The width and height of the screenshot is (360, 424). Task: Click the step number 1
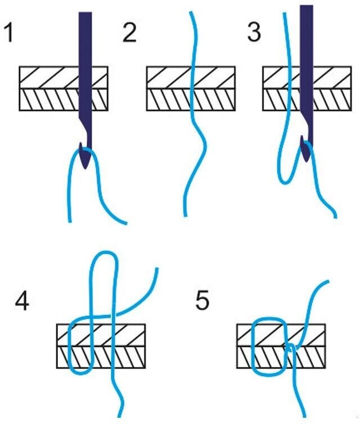pyautogui.click(x=10, y=33)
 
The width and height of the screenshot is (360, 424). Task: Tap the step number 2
pyautogui.click(x=129, y=33)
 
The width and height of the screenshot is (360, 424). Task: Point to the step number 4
pyautogui.click(x=22, y=301)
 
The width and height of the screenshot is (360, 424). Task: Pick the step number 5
pyautogui.click(x=202, y=301)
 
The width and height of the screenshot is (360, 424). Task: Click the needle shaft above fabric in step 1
pyautogui.click(x=85, y=39)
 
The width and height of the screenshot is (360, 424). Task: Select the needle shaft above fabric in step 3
pyautogui.click(x=306, y=34)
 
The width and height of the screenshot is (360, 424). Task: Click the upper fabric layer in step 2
pyautogui.click(x=169, y=77)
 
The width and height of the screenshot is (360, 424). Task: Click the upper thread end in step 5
pyautogui.click(x=328, y=283)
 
